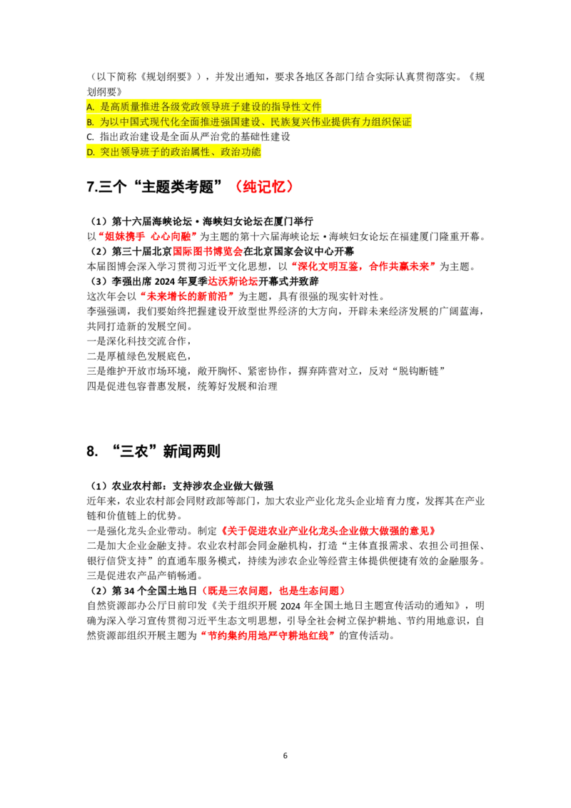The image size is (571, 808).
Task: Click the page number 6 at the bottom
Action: point(285,755)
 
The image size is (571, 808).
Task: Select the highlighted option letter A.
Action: point(90,107)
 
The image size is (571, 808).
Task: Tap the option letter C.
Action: point(90,137)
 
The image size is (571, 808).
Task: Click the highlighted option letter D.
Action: point(91,152)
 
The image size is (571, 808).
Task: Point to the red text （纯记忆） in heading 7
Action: point(264,186)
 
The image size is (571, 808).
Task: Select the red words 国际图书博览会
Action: point(208,251)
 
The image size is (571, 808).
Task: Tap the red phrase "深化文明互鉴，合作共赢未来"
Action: point(364,266)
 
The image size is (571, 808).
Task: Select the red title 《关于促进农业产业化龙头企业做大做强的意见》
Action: point(328,531)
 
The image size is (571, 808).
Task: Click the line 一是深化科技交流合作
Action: point(139,341)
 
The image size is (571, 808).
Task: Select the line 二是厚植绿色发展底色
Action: point(139,356)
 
